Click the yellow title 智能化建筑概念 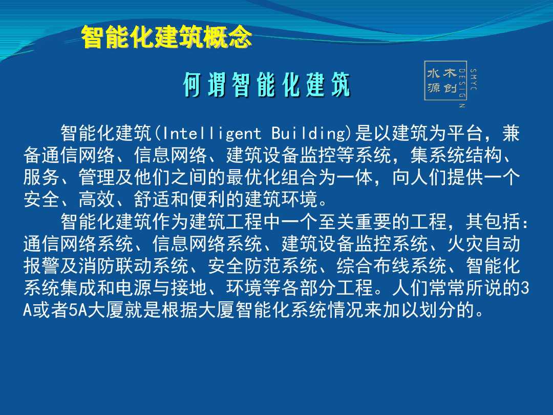click(x=166, y=37)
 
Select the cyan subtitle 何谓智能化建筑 click(x=267, y=85)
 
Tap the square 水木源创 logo click(x=441, y=80)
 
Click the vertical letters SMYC click(x=473, y=79)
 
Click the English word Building click(x=308, y=134)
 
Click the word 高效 click(x=97, y=199)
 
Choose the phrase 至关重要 click(x=355, y=222)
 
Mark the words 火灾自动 click(x=483, y=244)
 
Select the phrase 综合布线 click(x=373, y=266)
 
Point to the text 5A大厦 click(x=96, y=310)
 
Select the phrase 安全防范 click(x=244, y=266)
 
